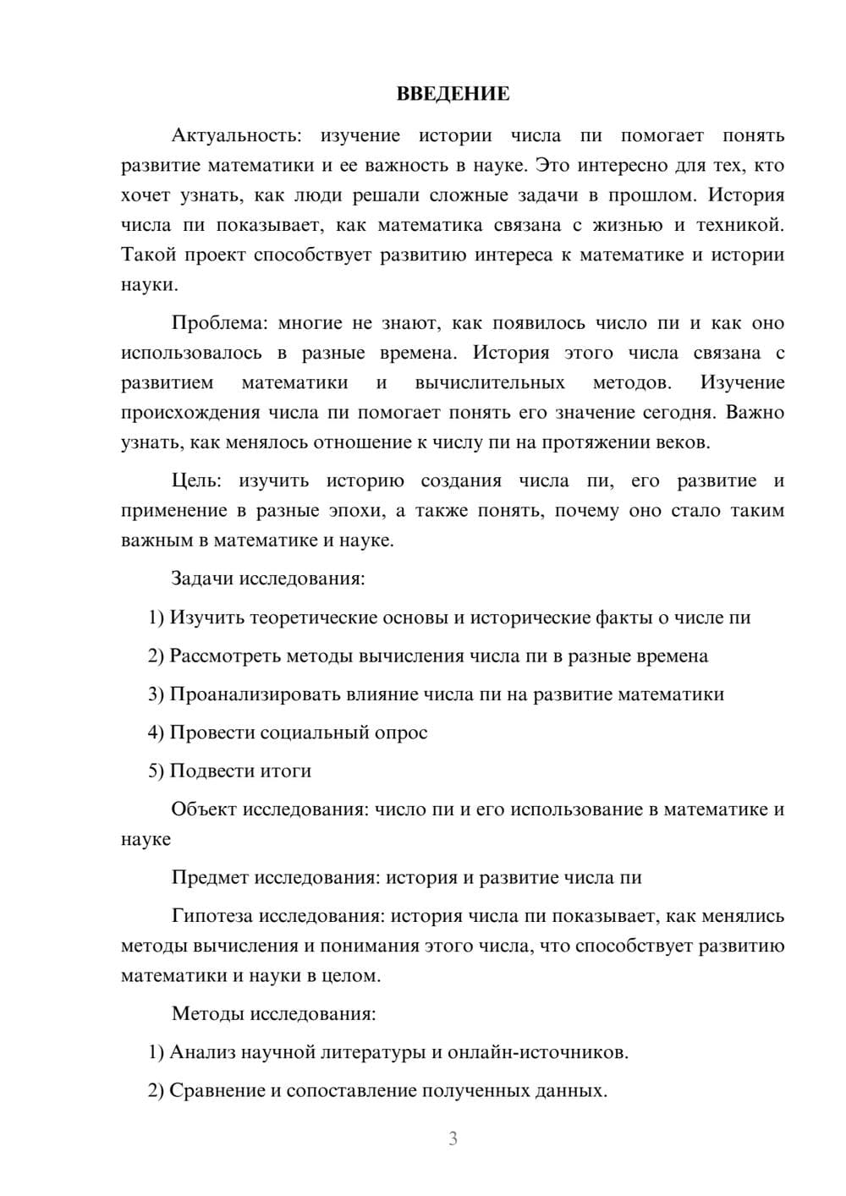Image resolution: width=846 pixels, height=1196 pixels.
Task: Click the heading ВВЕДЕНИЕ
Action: click(453, 94)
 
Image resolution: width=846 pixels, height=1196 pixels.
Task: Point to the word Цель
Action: click(196, 481)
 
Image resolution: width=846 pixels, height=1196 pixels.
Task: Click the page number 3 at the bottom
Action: click(453, 1138)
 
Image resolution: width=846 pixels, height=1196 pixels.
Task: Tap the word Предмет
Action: click(211, 878)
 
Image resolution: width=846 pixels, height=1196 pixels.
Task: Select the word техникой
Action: click(739, 225)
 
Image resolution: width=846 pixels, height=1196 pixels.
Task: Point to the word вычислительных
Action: click(490, 383)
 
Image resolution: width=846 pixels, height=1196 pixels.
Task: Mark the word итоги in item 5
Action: click(286, 771)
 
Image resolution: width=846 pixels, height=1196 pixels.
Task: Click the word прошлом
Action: click(650, 195)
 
